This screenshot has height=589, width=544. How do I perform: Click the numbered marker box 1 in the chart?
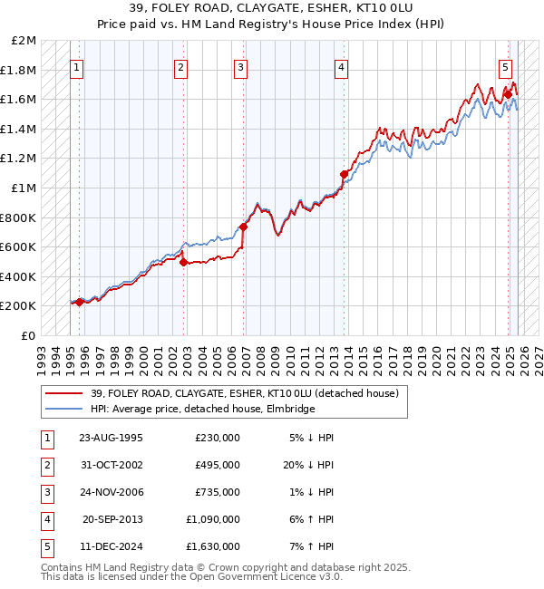coord(76,66)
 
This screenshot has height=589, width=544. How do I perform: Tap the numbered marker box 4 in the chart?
coord(341,66)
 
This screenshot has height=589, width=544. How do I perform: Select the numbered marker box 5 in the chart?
coord(505,66)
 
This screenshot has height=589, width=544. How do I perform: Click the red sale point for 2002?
coord(183,263)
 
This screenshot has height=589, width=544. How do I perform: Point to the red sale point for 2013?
coord(344,174)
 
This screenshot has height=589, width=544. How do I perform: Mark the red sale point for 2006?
coord(243,227)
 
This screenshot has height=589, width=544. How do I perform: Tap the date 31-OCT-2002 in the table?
coord(111,464)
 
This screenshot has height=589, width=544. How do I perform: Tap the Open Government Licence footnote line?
coord(178,576)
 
